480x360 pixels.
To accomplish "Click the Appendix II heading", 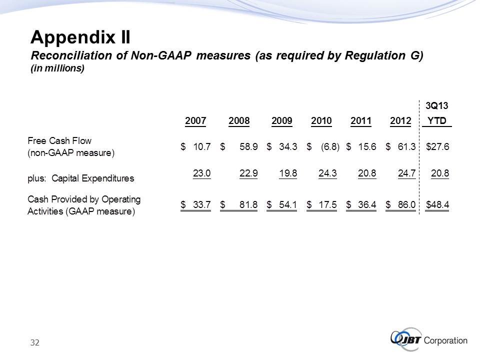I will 80,37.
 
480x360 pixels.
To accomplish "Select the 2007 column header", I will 195,121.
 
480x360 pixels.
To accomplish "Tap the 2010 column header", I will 321,121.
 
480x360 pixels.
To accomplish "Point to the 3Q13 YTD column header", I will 436,113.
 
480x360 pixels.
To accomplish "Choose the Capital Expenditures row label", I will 80,177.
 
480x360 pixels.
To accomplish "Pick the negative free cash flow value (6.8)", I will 330,146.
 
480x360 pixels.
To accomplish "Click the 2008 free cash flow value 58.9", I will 247,146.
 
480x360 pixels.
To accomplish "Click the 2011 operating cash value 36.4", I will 367,204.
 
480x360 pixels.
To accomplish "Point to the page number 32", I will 34,342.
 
